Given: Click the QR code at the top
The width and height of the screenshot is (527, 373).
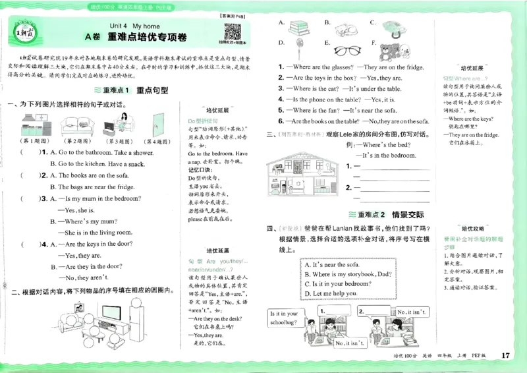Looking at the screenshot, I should pos(233,32).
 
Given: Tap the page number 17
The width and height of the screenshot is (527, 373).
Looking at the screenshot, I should pos(505,356).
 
